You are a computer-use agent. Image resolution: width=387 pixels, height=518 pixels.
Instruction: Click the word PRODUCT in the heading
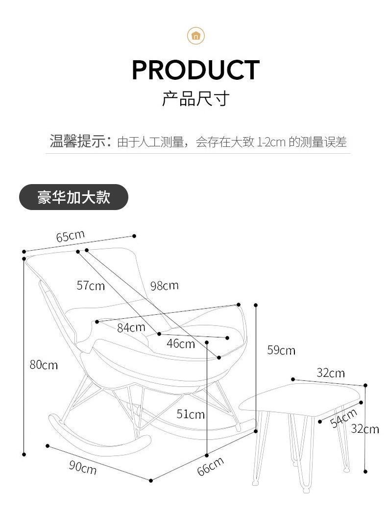[195, 70]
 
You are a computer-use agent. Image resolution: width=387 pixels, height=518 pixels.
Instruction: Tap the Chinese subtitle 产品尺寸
[195, 98]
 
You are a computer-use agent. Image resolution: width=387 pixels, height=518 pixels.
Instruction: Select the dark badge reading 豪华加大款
[73, 197]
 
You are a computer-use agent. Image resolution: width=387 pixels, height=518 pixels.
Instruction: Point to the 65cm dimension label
[71, 236]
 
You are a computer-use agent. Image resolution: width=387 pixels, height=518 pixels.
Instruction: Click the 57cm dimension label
[91, 285]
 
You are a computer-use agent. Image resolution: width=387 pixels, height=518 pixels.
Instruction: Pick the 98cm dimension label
[165, 285]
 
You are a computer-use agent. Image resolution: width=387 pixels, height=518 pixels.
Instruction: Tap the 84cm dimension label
[131, 328]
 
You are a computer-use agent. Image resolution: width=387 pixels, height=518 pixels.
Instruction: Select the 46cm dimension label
[180, 344]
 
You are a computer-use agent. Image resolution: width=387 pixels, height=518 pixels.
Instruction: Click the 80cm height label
[43, 365]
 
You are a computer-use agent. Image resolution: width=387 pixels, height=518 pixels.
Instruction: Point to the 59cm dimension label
[281, 350]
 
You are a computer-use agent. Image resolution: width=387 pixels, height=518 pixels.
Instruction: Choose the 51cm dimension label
[191, 415]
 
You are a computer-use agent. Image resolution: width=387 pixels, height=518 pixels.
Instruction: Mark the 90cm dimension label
[82, 467]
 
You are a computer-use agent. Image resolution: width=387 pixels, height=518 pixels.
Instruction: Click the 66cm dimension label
[210, 466]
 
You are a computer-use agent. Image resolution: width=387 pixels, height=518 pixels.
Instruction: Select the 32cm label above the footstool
[330, 373]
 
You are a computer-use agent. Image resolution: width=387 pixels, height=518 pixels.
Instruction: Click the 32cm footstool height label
[365, 429]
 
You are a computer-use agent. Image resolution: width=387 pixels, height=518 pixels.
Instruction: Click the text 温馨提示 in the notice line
[78, 141]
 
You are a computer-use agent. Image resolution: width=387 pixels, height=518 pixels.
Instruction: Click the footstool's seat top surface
[299, 399]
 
